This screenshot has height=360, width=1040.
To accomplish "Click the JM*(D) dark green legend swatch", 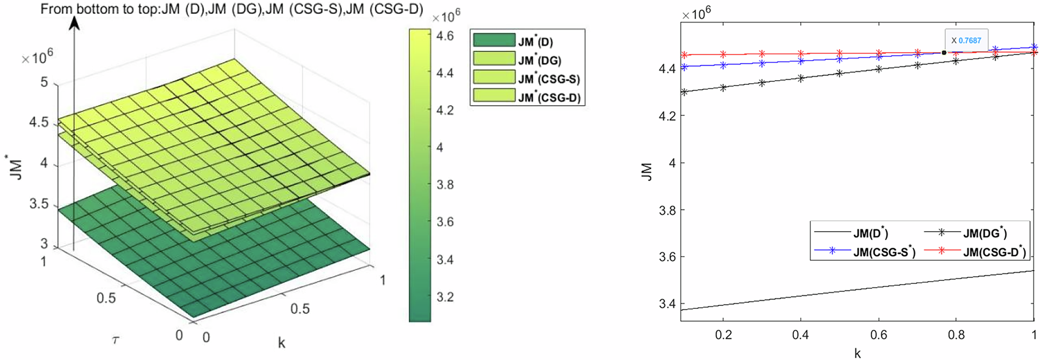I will [493, 40].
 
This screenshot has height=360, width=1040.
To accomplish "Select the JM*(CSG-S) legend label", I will [549, 79].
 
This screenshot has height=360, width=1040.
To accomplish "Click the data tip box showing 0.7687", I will [966, 41].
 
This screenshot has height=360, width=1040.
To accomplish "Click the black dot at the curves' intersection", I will [944, 53].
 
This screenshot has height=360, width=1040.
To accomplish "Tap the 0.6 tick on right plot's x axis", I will [878, 335].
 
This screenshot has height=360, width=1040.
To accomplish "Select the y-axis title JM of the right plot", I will [647, 172].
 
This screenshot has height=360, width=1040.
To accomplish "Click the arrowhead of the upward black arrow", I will [74, 23].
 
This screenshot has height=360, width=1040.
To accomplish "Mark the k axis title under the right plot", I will [857, 353].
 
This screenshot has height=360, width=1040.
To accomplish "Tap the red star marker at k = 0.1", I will [684, 55].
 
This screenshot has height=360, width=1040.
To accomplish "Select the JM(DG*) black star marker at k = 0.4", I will [801, 78].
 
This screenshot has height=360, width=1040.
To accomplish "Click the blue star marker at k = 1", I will [1033, 47].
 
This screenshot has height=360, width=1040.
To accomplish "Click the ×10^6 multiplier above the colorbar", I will [446, 17].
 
